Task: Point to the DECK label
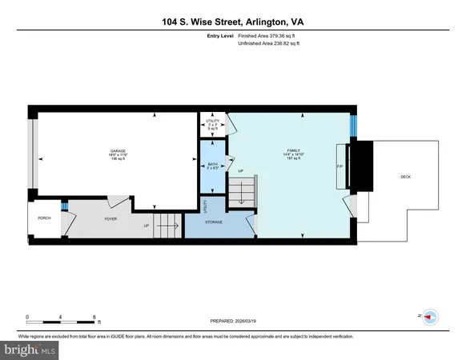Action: point(407,177)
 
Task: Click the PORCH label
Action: point(44,217)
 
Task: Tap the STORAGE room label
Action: point(213,222)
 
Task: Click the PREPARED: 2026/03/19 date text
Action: point(231,322)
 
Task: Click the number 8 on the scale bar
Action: point(94,317)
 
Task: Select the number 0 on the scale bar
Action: point(27,317)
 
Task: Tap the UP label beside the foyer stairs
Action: point(147,226)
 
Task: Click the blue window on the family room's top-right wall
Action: point(352,126)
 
